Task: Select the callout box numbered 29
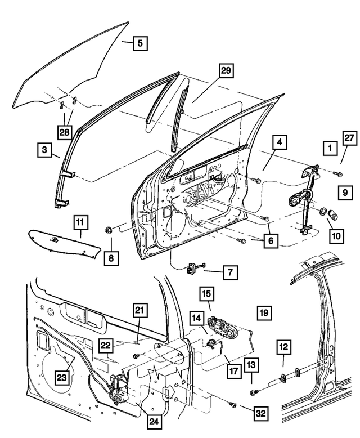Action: [226, 71]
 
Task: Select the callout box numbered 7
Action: [229, 273]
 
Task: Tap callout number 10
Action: [336, 236]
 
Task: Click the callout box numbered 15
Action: [206, 293]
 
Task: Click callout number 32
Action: [259, 413]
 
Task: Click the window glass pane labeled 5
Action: [73, 68]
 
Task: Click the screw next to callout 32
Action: [232, 404]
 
